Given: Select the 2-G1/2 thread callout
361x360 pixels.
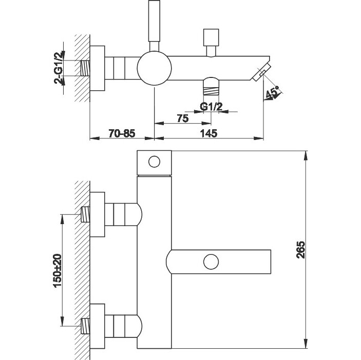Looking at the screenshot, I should coord(59,67).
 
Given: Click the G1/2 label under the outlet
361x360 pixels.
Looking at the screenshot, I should coord(211,107).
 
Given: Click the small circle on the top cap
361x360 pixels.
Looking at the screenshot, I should coord(154,162).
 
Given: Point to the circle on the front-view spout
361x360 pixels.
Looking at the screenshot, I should coord(210,262).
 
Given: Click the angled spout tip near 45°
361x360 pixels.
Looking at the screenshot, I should coord(261,72).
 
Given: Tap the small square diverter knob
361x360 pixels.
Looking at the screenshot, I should coord(211,37).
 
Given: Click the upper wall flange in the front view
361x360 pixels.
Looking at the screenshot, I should coord(98,215).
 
